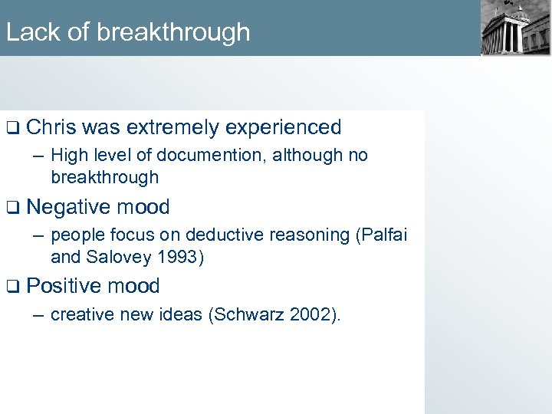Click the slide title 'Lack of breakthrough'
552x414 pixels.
pyautogui.click(x=127, y=32)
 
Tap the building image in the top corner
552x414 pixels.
pyautogui.click(x=515, y=28)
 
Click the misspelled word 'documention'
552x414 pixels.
pyautogui.click(x=203, y=156)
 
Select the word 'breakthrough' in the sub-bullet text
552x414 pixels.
pyautogui.click(x=104, y=177)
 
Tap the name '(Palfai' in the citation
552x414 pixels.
pyautogui.click(x=381, y=235)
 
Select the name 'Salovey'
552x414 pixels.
pyautogui.click(x=119, y=257)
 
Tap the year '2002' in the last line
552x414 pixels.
pyautogui.click(x=310, y=315)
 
